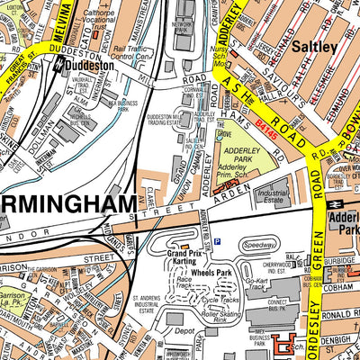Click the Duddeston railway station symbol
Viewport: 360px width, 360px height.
coord(58,64)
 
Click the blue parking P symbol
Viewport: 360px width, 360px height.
coord(217,240)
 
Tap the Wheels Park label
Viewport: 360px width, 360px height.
coord(210,272)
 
